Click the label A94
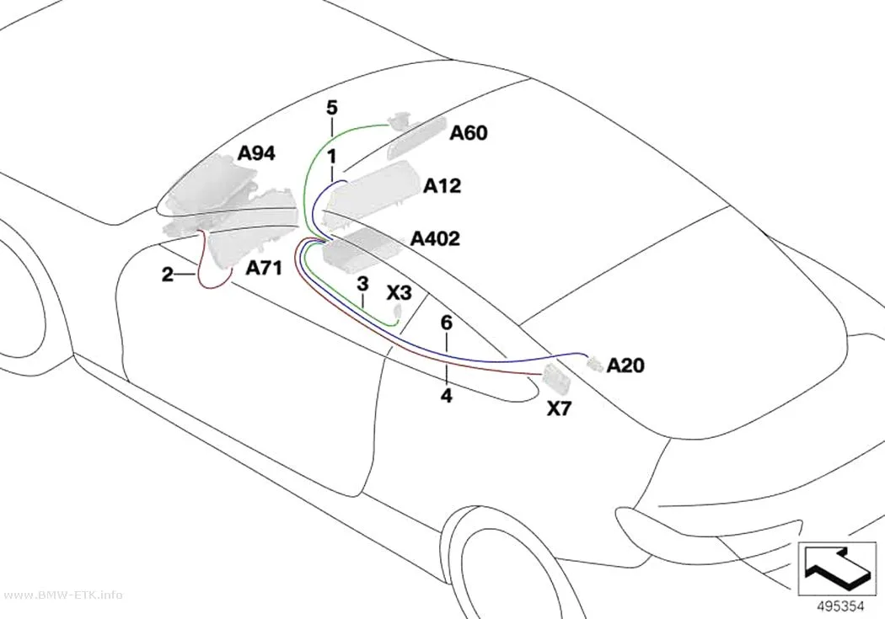tap(256, 152)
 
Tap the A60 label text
tap(469, 133)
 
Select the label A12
tap(442, 185)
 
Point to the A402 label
tap(435, 238)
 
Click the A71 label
tap(264, 268)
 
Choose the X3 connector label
tap(399, 292)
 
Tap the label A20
tap(625, 366)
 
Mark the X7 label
tap(560, 408)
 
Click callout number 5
tap(332, 107)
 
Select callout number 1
tap(332, 156)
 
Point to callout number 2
tap(167, 275)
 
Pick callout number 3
tap(362, 284)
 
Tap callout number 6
tap(447, 323)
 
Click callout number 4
tap(447, 396)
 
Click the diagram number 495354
tap(841, 606)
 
